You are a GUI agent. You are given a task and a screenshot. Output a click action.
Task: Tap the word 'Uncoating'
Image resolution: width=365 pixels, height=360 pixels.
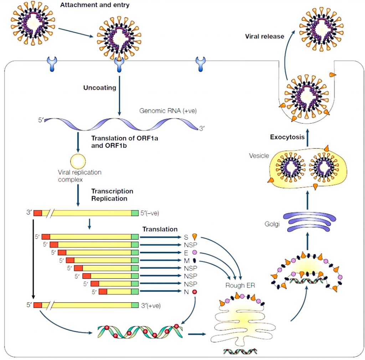(100, 88)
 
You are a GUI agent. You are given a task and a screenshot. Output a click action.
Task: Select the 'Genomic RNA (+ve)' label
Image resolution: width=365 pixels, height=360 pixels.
(168, 111)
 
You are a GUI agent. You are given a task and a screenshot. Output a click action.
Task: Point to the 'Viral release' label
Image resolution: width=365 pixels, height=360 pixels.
(264, 36)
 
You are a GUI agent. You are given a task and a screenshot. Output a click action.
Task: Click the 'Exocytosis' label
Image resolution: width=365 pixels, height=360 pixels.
(287, 137)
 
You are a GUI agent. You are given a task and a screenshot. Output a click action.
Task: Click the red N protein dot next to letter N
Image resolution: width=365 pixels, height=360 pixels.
(195, 292)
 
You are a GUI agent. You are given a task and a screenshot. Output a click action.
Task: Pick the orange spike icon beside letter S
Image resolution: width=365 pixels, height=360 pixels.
(195, 237)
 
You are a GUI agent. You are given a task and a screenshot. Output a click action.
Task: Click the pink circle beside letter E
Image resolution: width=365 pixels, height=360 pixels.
(194, 252)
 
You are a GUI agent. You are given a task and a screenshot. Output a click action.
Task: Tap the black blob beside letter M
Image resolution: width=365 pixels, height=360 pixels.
(194, 260)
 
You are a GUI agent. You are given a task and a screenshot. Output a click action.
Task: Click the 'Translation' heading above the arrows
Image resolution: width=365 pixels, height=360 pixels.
(160, 229)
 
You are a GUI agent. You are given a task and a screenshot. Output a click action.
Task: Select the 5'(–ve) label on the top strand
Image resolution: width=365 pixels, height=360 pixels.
(150, 213)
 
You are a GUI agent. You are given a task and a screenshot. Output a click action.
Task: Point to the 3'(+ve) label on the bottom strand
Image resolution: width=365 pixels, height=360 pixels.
(151, 305)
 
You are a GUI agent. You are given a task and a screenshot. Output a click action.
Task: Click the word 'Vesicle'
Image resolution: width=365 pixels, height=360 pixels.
(259, 156)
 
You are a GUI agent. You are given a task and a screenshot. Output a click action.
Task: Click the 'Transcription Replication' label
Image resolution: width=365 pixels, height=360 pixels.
(112, 195)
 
